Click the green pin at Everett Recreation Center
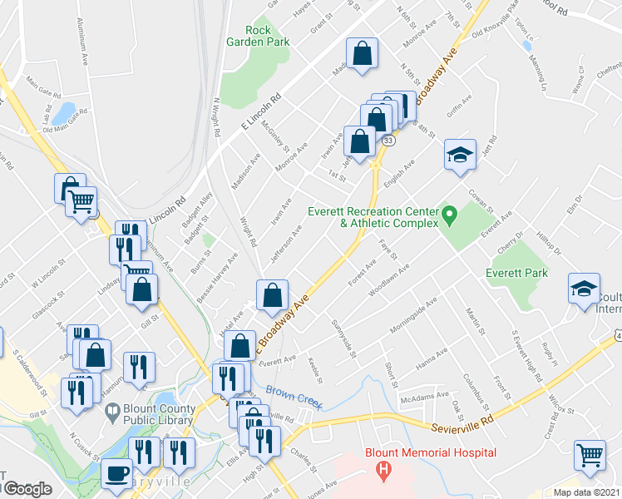coord(450,217)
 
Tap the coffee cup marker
coord(116,474)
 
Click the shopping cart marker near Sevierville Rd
coord(590,455)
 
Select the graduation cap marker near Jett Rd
coord(459,155)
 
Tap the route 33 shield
coord(388,141)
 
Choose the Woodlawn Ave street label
coord(391,280)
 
